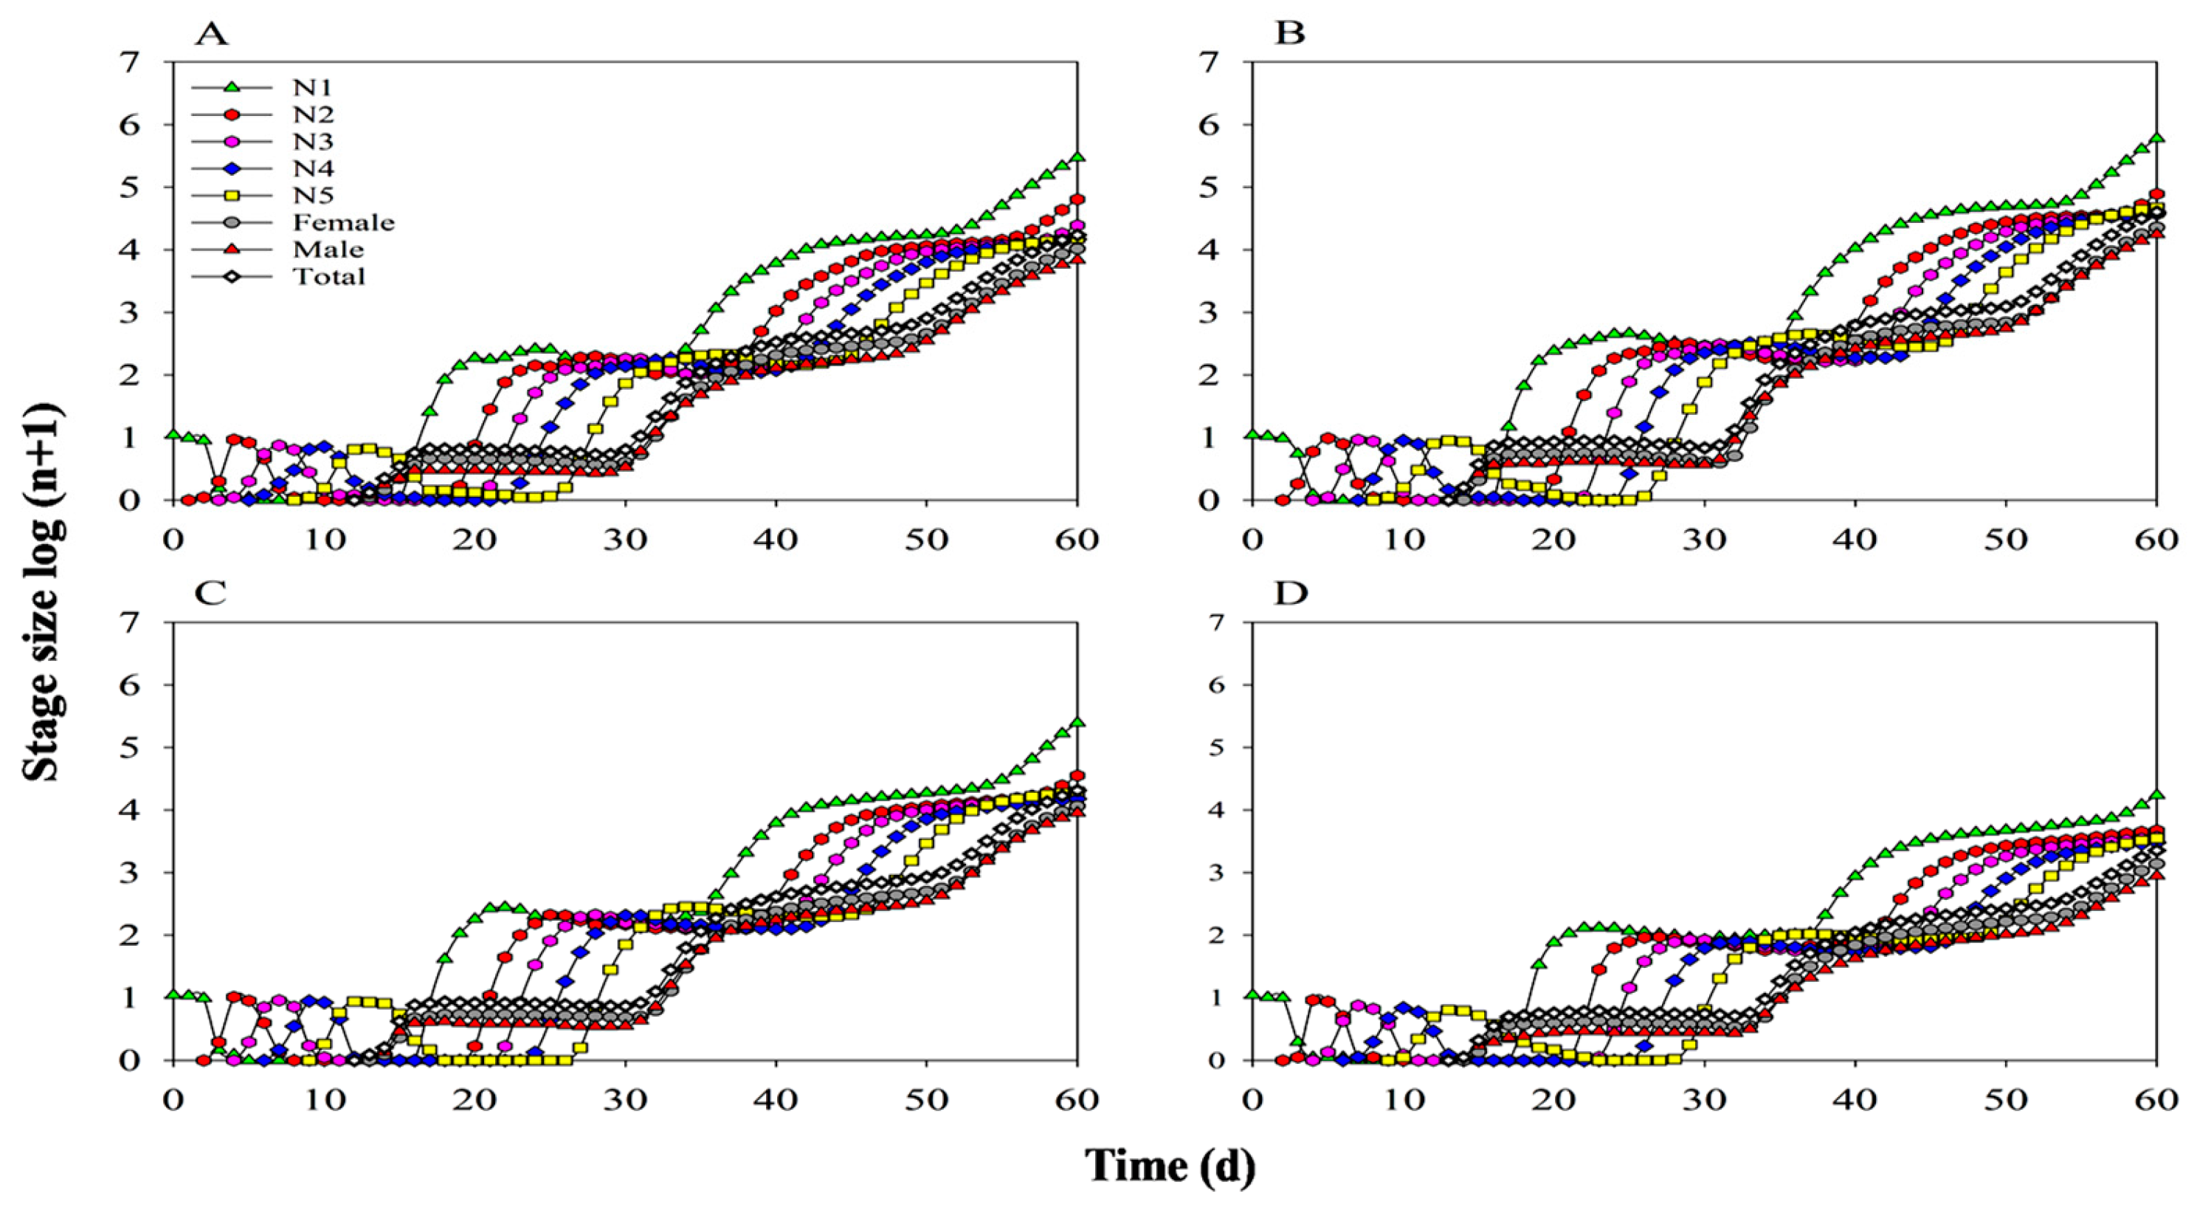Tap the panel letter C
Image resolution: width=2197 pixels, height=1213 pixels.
210,593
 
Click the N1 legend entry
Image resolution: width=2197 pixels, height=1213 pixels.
312,87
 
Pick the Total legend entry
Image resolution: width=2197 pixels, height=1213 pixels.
329,276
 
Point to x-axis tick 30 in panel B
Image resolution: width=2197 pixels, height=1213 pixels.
1704,539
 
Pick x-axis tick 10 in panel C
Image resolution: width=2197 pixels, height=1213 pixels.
323,1099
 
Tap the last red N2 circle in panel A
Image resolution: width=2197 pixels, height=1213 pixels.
1077,199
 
